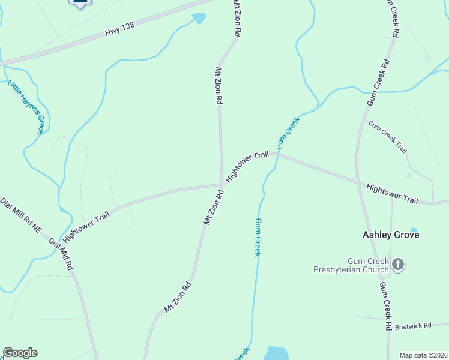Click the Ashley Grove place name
(x=391, y=235)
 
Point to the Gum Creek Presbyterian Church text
(x=351, y=265)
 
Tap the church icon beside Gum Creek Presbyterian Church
(x=398, y=265)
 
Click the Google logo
(x=20, y=353)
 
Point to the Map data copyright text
(x=423, y=355)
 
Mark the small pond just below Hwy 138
(x=199, y=19)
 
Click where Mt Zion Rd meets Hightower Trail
(x=221, y=185)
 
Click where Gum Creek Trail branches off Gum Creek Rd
(x=364, y=119)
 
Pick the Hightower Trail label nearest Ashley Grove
(x=392, y=194)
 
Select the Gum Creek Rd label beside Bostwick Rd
(x=386, y=306)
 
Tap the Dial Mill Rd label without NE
(x=61, y=254)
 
